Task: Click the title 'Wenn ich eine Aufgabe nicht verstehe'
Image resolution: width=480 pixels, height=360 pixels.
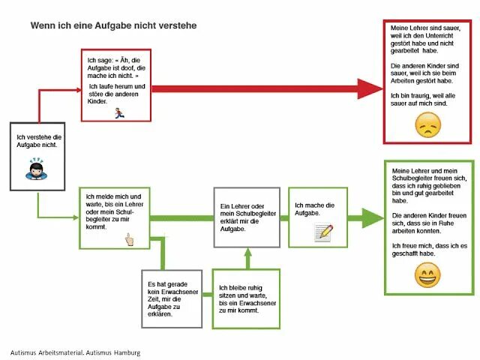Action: click(113, 25)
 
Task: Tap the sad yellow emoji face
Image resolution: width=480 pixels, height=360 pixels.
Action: click(427, 124)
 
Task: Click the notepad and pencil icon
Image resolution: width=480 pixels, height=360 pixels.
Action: click(323, 232)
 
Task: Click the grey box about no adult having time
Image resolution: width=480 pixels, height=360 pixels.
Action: click(172, 298)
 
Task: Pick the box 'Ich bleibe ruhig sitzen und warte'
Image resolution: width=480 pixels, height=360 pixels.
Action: click(244, 298)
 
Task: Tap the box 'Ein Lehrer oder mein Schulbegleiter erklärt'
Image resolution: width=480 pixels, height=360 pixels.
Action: click(246, 217)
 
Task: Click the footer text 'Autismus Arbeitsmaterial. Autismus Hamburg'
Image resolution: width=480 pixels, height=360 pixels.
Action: click(75, 352)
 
